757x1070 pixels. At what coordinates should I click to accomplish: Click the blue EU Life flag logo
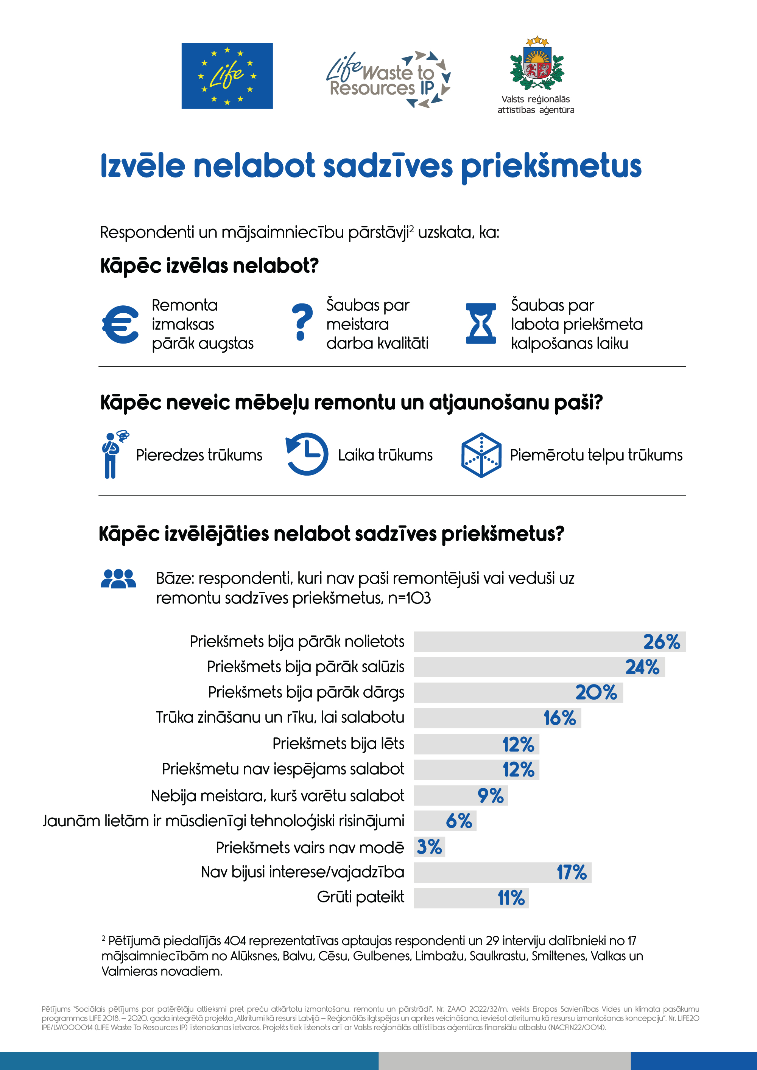227,76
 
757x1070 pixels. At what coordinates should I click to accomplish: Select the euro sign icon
120,324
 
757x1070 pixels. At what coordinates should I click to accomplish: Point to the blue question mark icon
302,322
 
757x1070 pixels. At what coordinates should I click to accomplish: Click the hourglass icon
481,323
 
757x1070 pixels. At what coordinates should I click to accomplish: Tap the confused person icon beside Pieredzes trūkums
113,454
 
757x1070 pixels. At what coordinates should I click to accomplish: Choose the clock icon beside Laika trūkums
307,454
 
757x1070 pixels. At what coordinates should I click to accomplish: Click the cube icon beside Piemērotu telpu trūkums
481,455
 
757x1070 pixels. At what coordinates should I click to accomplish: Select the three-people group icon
118,579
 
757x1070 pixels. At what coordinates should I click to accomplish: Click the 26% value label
662,642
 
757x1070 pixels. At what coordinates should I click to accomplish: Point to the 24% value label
642,667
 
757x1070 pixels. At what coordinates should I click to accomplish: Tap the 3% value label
429,847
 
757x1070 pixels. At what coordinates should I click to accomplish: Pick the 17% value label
572,872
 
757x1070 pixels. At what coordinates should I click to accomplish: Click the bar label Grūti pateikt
360,897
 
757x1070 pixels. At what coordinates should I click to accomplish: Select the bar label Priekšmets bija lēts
338,743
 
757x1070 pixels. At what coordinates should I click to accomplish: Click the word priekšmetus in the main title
551,166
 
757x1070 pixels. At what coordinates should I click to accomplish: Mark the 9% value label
491,796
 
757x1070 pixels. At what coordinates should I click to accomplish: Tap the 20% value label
596,692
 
